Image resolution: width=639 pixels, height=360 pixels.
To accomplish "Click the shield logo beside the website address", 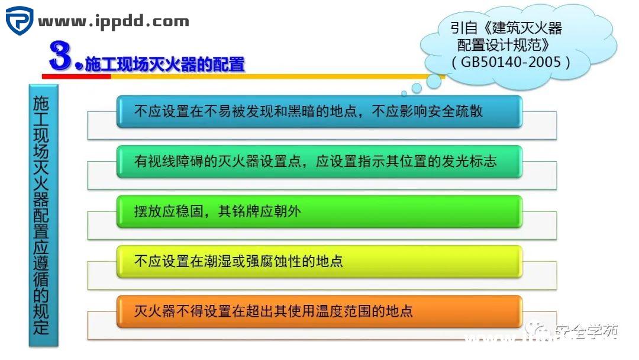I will pos(20,21).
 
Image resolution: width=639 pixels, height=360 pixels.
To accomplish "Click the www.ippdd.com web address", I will pos(114,22).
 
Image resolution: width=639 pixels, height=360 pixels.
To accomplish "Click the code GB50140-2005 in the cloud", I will pos(511,62).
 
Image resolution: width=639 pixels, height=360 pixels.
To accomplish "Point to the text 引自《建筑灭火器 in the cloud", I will pos(506,28).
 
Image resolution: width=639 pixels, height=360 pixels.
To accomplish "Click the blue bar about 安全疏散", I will pos(319,111).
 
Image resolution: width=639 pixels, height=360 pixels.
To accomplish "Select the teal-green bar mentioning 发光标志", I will pos(319,161).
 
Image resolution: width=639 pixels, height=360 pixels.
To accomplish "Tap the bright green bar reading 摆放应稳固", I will pos(319,211).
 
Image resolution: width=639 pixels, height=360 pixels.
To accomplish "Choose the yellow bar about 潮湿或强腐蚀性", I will pos(319,261).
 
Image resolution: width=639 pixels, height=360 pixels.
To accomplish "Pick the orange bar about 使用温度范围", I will pos(319,311).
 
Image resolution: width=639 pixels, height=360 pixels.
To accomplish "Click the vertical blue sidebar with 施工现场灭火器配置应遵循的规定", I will pos(43,215).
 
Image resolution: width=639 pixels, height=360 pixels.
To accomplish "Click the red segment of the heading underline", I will pos(76,76).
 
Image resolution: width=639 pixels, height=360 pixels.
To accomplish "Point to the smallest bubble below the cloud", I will pos(404,94).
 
